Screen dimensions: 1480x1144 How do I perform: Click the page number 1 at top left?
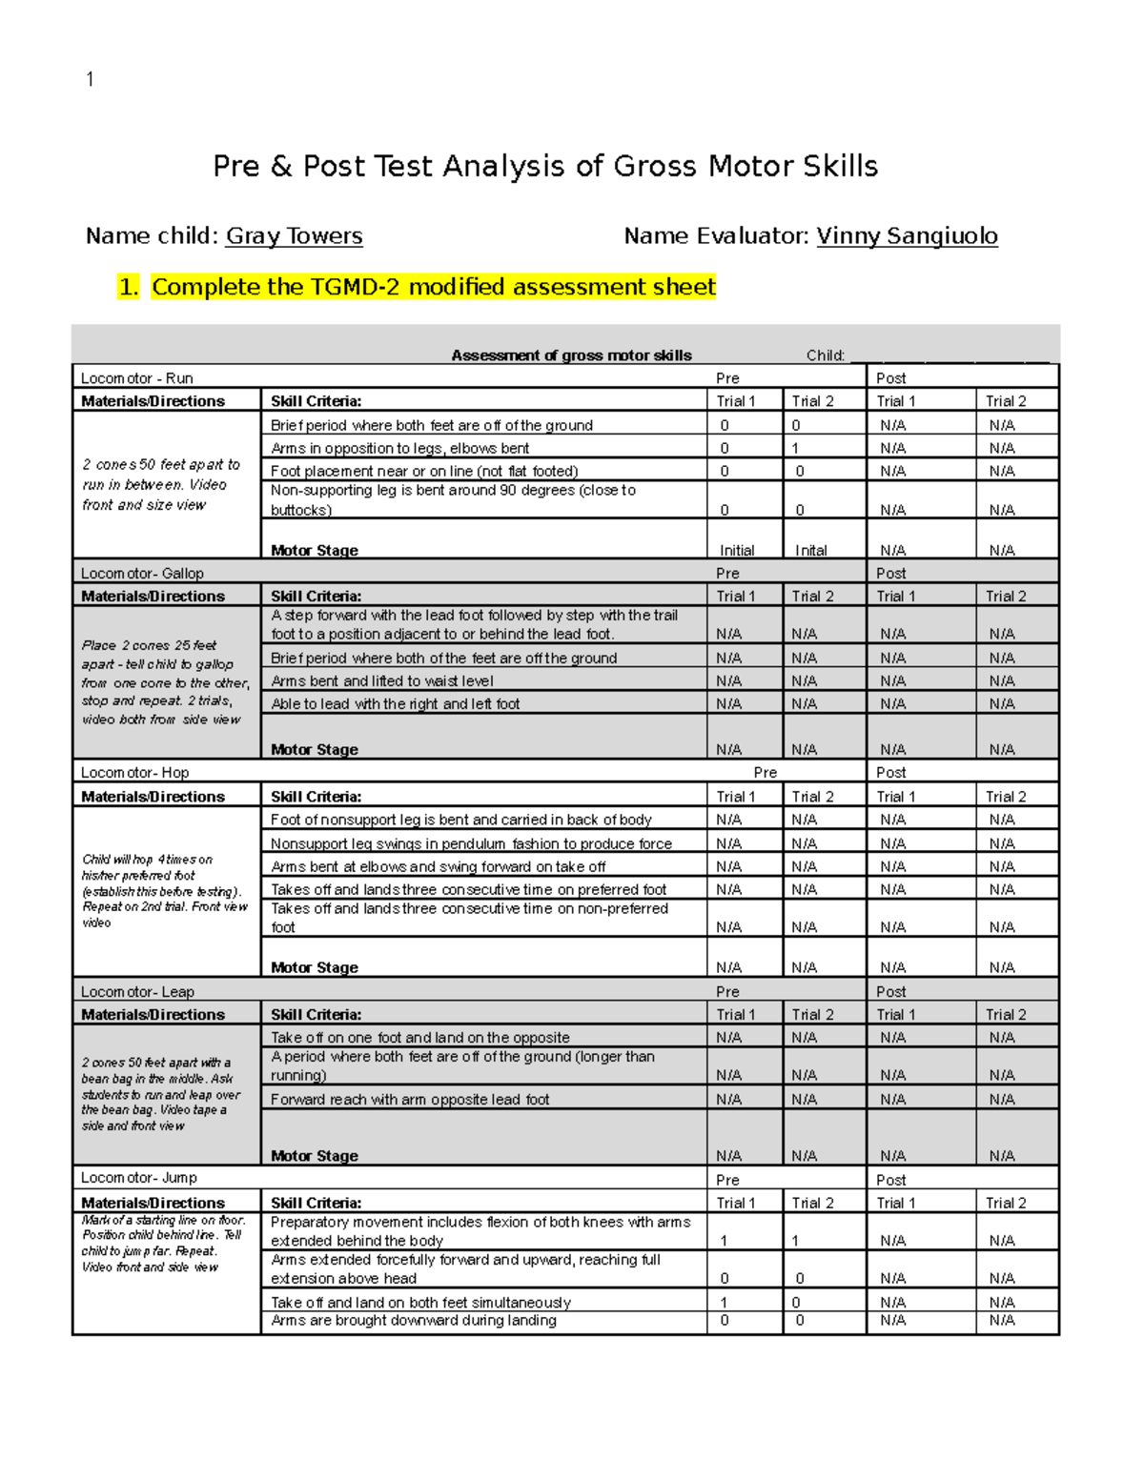tap(90, 79)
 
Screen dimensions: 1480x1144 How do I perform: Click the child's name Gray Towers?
tap(294, 236)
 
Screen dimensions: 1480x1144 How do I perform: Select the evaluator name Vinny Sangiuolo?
tap(907, 236)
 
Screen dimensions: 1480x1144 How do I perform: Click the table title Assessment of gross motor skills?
tap(571, 355)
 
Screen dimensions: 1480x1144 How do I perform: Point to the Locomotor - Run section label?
tap(136, 378)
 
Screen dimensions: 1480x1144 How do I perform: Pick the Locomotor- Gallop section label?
tap(142, 574)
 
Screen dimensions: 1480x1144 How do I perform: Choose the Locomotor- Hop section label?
tap(134, 773)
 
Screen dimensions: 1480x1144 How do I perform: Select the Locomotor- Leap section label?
tap(137, 992)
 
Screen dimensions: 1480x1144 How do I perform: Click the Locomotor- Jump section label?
tap(138, 1178)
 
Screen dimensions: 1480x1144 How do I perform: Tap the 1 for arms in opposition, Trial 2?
tap(795, 448)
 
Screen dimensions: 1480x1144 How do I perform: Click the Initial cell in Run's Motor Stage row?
tap(736, 551)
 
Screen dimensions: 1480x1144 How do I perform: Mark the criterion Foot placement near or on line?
tap(424, 471)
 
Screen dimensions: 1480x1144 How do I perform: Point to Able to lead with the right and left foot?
tap(396, 704)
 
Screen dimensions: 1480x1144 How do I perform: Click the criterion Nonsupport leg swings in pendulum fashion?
tap(471, 843)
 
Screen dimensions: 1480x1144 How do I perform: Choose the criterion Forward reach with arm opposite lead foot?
tap(410, 1100)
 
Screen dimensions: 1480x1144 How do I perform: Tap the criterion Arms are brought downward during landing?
tap(414, 1321)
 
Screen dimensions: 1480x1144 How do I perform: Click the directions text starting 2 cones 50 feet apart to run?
tap(161, 484)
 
